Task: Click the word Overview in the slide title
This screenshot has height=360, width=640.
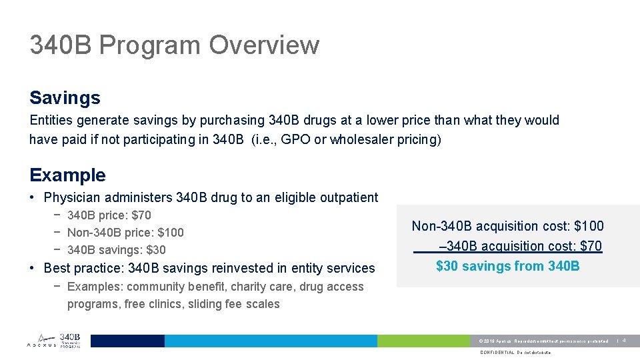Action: [264, 45]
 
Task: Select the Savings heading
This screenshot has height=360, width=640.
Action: [65, 98]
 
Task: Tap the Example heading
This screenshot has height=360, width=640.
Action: [67, 175]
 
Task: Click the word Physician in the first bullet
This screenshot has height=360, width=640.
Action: [72, 197]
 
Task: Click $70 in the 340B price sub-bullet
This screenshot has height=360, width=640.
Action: [141, 215]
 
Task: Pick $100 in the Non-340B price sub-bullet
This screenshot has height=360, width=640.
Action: [170, 233]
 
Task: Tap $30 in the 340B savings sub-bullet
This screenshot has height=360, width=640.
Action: [155, 250]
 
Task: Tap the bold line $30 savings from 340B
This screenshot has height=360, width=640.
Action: [507, 266]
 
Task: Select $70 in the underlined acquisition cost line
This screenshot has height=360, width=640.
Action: [591, 246]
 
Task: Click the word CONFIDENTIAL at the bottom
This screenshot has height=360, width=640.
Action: [497, 353]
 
